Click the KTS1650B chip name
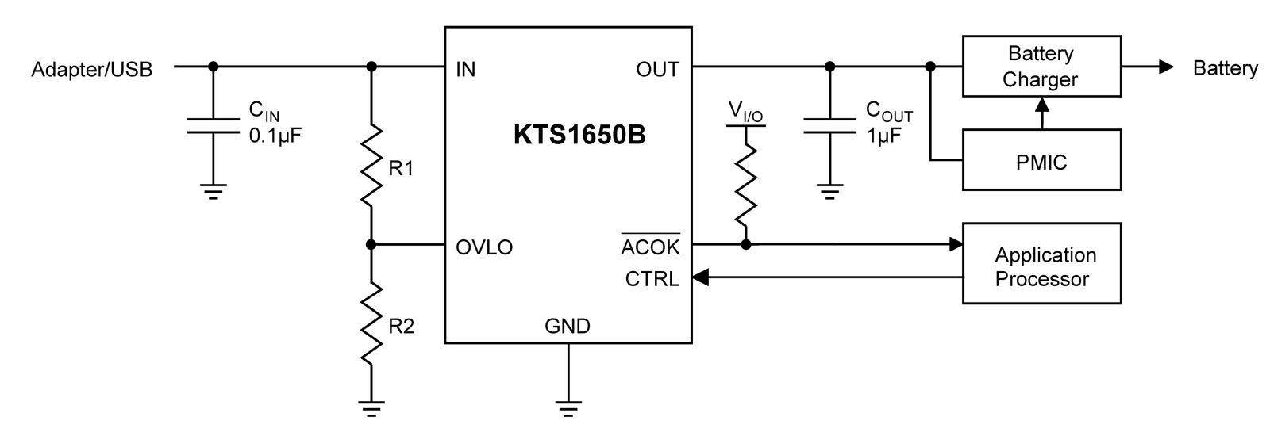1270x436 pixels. coord(579,135)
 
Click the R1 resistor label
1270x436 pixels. coord(401,168)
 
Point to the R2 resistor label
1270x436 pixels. coord(401,326)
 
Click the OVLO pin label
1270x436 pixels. coord(484,247)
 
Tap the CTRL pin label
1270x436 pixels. coord(652,278)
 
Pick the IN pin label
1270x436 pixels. coord(465,69)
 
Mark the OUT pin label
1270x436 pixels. coord(657,69)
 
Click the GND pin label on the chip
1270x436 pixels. coord(568,326)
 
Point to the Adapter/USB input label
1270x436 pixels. coord(92,69)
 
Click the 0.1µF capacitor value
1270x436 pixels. coord(275,136)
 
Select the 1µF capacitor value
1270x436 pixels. coord(884,136)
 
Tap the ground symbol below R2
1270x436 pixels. coord(371,409)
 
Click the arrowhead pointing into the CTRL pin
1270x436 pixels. coord(700,277)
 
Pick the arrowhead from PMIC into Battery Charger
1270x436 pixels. coord(1042,105)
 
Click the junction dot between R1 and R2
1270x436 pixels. coord(371,245)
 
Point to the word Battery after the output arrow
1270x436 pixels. coord(1226,68)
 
